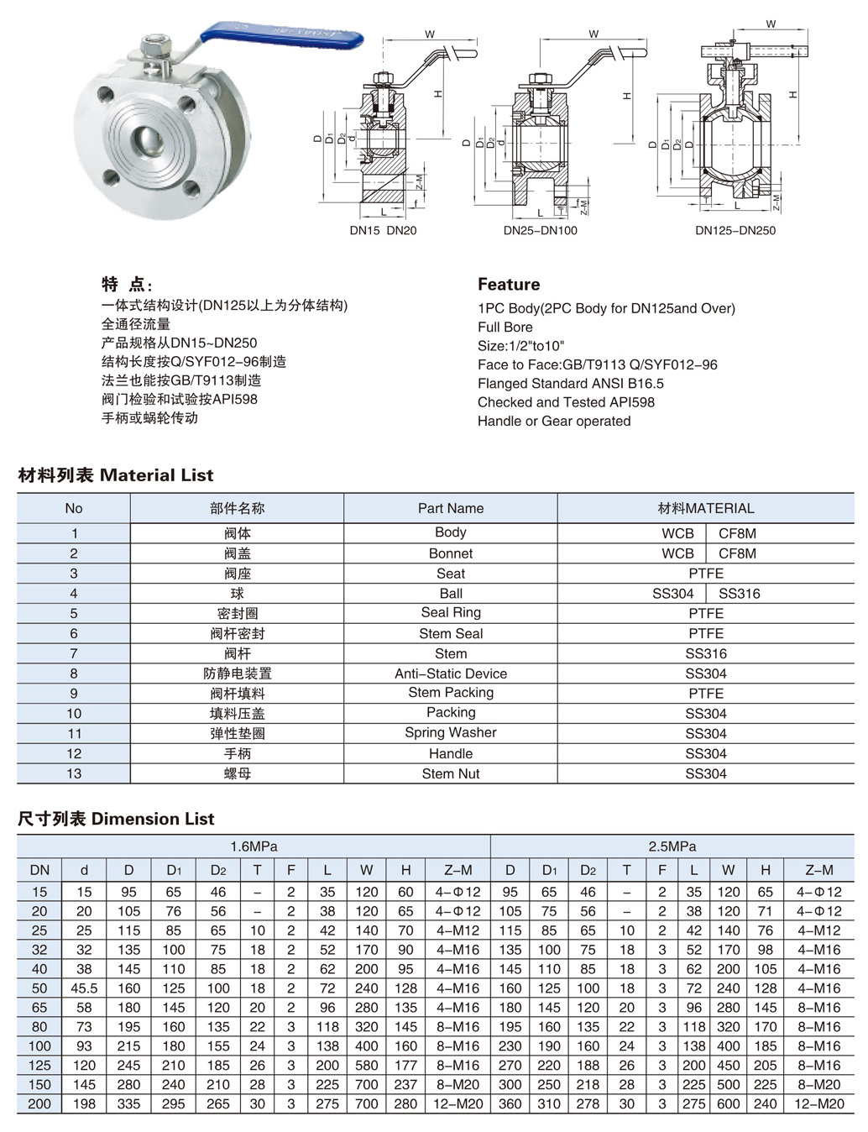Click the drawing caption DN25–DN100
tap(540, 230)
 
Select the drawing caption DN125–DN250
tap(735, 230)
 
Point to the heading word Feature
tap(509, 284)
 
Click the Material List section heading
tap(116, 475)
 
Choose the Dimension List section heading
tap(116, 819)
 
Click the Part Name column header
tap(451, 508)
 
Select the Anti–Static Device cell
tap(451, 673)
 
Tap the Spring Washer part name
tap(451, 732)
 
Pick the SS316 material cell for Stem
tap(706, 653)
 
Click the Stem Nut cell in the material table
tap(451, 773)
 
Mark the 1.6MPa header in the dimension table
tap(254, 846)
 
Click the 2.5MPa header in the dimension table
tap(672, 846)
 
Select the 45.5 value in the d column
tap(84, 988)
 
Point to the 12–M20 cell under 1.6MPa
tap(458, 1103)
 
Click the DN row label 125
tap(39, 1065)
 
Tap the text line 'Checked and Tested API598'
tap(566, 402)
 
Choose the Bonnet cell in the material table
tap(451, 553)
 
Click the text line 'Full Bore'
tap(505, 327)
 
